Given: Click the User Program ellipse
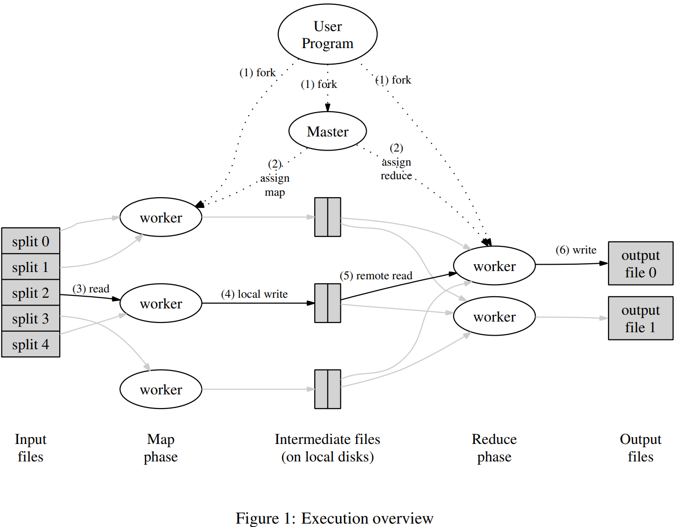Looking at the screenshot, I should click(327, 34).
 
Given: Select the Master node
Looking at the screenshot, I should click(327, 132).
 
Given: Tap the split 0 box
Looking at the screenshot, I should click(31, 241).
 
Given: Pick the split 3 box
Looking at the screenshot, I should click(31, 319).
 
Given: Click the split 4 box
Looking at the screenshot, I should click(31, 344).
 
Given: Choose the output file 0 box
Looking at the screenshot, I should click(640, 264).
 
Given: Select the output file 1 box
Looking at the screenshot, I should click(640, 319).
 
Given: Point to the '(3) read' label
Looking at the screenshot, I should click(91, 289).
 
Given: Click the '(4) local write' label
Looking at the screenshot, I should click(254, 294).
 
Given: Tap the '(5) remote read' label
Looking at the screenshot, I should click(376, 276).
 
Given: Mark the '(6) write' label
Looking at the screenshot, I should click(576, 250).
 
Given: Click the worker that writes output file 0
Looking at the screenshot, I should click(494, 266).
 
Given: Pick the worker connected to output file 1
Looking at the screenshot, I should click(494, 317).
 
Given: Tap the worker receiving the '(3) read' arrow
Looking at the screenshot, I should click(161, 304).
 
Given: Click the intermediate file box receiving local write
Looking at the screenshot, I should click(327, 303).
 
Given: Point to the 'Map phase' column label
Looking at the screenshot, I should click(161, 448).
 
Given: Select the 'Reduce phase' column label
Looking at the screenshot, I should click(494, 448).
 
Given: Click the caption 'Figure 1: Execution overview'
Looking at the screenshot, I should click(334, 518).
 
